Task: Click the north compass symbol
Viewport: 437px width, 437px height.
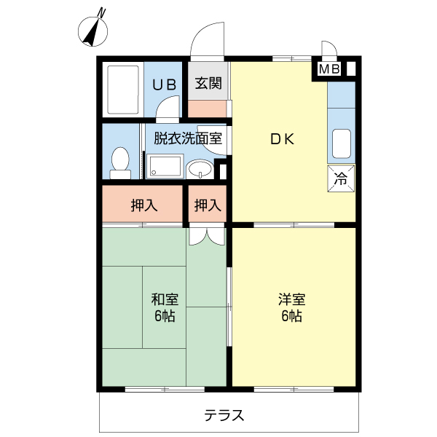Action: [94, 28]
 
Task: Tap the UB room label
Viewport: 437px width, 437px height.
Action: [163, 84]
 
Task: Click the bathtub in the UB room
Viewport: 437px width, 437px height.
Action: [122, 90]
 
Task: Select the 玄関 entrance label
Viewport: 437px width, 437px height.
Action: [208, 84]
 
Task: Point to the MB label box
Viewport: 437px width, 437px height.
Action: [329, 70]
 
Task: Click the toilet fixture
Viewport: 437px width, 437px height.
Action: [119, 162]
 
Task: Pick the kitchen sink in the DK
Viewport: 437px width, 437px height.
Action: [341, 143]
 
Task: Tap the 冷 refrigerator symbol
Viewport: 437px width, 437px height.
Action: [341, 178]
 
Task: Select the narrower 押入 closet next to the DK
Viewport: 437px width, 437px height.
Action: [208, 205]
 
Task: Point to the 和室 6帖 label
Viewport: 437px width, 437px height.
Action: [164, 307]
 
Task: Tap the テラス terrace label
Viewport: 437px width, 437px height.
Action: [224, 416]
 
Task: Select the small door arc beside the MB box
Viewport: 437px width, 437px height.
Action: [328, 50]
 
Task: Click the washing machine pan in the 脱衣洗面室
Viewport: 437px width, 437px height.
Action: [165, 167]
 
